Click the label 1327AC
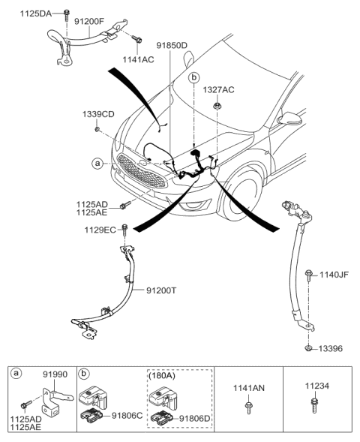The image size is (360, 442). click(x=217, y=90)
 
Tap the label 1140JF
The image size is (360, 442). click(x=334, y=275)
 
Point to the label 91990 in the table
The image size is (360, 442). click(x=54, y=372)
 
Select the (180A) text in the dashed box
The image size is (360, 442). click(x=164, y=373)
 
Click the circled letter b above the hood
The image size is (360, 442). click(x=194, y=77)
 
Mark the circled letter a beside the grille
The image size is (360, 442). click(x=97, y=163)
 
